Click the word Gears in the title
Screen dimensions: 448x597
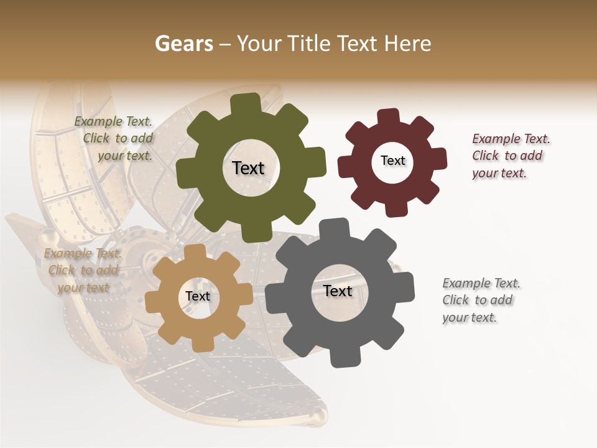pos(183,44)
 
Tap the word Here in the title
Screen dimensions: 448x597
pos(408,44)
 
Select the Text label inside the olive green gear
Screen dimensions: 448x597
pos(249,168)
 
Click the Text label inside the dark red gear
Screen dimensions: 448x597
pos(392,161)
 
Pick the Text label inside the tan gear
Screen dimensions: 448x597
pos(198,296)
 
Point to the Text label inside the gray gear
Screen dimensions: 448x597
pos(338,291)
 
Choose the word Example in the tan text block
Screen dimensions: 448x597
pos(67,253)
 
